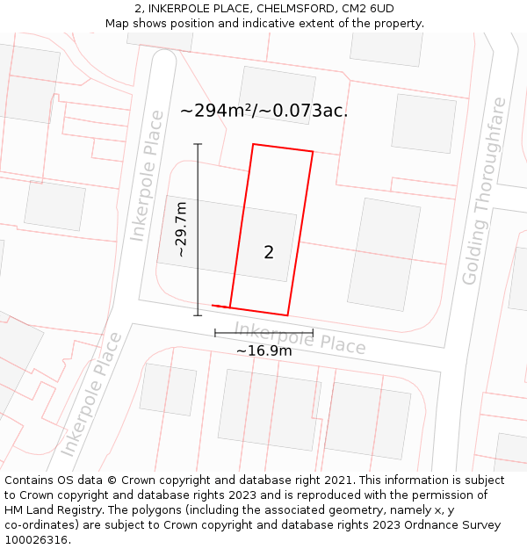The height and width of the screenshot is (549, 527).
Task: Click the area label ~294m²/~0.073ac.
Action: point(263,111)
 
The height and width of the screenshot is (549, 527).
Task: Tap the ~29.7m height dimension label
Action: point(181,229)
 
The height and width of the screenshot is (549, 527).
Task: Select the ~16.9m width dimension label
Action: point(263,350)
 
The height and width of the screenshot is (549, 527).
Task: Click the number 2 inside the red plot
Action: point(269,253)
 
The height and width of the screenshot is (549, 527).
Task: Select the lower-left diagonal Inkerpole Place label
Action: point(91,394)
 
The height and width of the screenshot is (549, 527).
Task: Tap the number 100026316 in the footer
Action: point(35,540)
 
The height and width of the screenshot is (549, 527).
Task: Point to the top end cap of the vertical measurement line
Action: point(198,144)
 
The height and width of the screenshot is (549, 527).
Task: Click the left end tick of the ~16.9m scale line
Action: point(215,334)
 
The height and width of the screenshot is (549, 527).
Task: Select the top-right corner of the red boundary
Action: point(313,152)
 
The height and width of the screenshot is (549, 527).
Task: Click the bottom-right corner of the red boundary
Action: point(288,314)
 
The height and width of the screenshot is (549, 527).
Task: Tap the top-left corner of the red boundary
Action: point(254,144)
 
